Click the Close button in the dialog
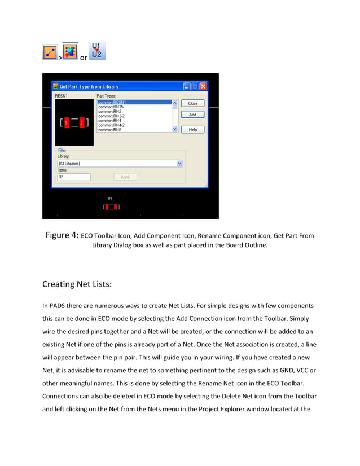pos(192,104)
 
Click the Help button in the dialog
pos(192,129)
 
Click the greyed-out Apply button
pos(125,177)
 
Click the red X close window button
pos(203,86)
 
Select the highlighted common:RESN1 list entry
pos(134,102)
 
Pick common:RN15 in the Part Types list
pos(134,107)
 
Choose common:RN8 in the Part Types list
pos(134,130)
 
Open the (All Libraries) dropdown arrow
pos(180,163)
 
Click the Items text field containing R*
pos(73,177)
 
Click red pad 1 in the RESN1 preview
pos(66,122)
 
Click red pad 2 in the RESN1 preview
pos(81,122)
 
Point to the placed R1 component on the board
pos(111,207)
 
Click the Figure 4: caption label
pos(62,235)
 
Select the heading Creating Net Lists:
pos(81,284)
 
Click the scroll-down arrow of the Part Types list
pos(174,129)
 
